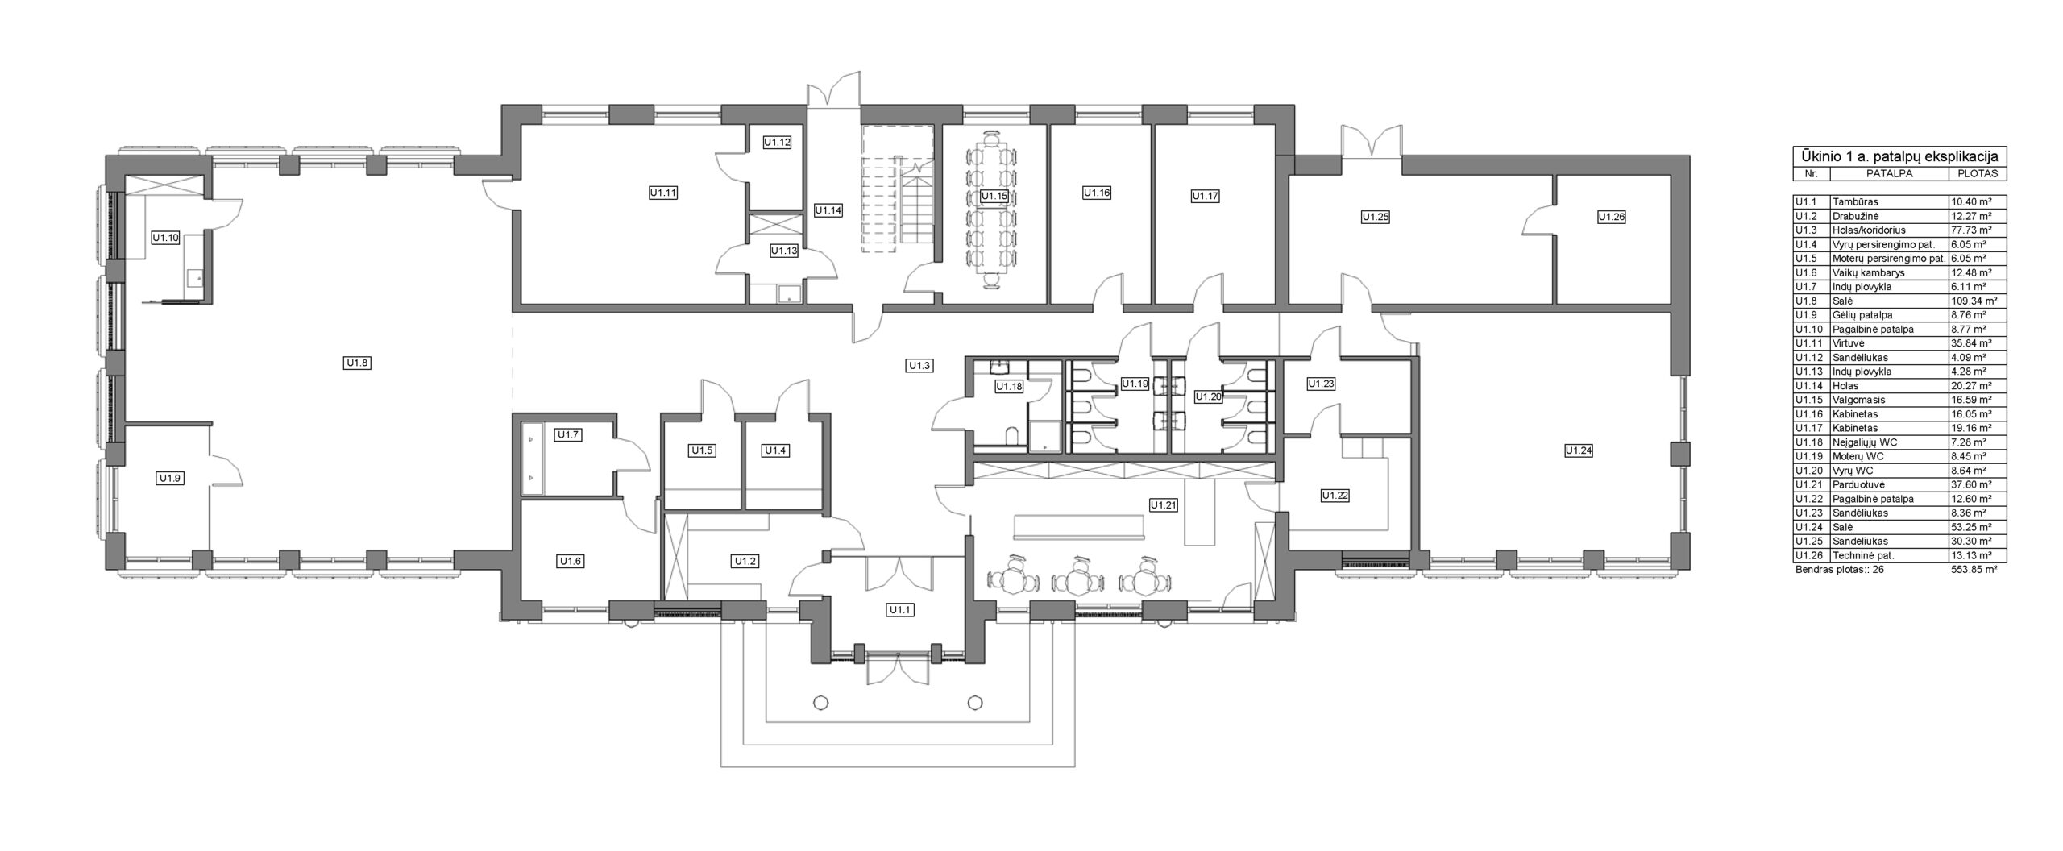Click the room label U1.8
tap(357, 363)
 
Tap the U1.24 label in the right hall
tap(1579, 450)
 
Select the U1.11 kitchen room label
tap(663, 193)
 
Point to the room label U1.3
tap(919, 366)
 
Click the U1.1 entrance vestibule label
tap(900, 610)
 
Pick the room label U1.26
tap(1612, 217)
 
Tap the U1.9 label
tap(170, 479)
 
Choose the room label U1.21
tap(1164, 505)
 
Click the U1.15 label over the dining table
tap(994, 196)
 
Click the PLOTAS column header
tap(1977, 174)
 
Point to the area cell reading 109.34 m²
tap(1977, 301)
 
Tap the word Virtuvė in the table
tap(1848, 343)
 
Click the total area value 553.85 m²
tap(1974, 569)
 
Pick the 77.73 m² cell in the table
tap(1974, 230)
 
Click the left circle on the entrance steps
tap(821, 702)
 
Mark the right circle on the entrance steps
tap(976, 702)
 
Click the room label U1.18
tap(1009, 387)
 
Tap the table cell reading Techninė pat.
tap(1861, 555)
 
